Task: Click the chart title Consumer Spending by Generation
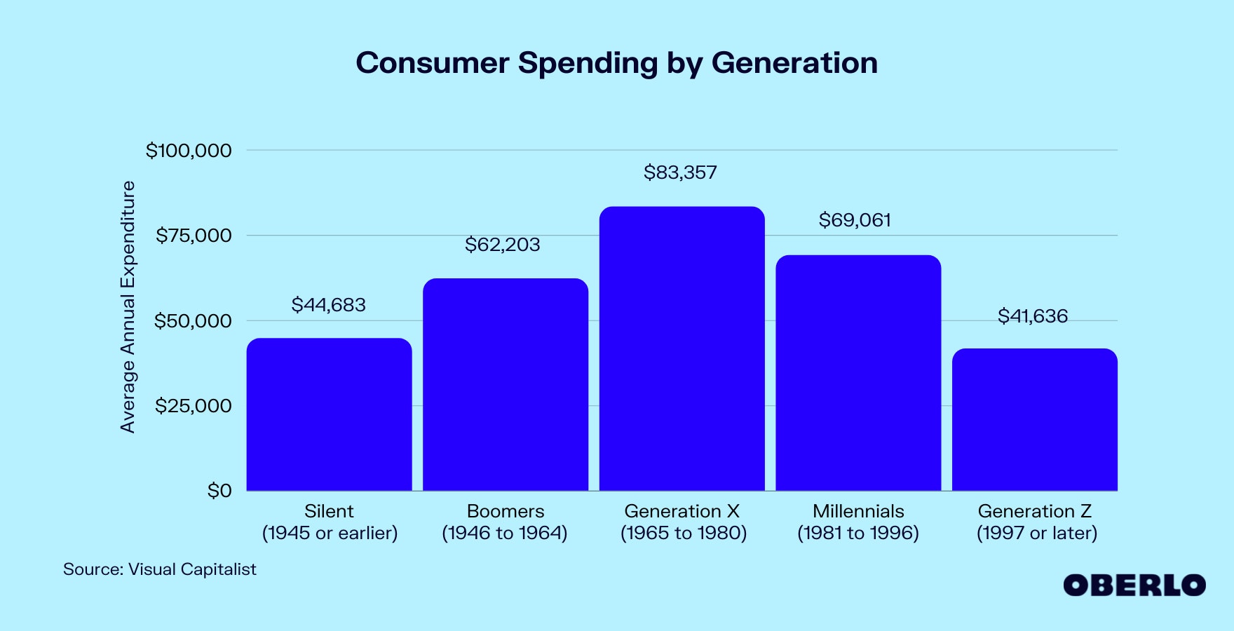point(616,63)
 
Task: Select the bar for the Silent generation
point(329,414)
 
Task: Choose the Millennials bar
point(858,373)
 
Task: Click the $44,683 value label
point(329,305)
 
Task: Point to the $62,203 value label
point(503,245)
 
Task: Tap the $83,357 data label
point(680,172)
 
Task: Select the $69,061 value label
point(855,220)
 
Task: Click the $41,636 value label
point(1033,316)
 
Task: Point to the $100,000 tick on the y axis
point(189,151)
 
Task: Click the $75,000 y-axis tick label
point(194,236)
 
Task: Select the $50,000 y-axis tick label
point(193,321)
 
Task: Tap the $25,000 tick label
point(194,406)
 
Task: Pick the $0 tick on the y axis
point(219,491)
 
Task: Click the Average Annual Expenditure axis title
point(128,306)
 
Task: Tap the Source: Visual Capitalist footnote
point(160,569)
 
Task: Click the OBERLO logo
point(1134,585)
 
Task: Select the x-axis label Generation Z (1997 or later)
point(1036,522)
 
